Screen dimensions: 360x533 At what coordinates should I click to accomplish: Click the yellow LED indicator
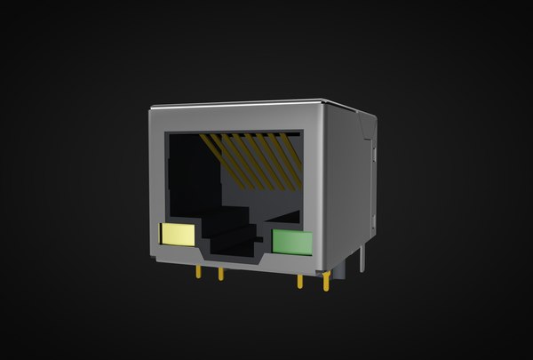point(177,234)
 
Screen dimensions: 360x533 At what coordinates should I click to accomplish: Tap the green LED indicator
point(292,242)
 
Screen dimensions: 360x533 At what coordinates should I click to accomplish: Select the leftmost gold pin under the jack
point(198,271)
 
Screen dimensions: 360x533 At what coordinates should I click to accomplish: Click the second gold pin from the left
point(220,273)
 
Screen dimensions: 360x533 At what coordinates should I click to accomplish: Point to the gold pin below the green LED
point(299,281)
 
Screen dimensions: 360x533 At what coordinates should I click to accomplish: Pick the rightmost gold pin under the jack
point(327,283)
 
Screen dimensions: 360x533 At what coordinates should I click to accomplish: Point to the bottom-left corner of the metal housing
point(153,257)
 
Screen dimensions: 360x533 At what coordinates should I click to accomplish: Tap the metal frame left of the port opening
point(158,178)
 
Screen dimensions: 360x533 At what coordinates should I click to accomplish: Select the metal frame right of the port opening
point(314,178)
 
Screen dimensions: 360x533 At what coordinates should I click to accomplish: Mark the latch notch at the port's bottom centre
point(233,252)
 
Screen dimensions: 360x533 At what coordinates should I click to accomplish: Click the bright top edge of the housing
point(240,101)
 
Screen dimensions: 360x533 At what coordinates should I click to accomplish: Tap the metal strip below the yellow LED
point(178,252)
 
